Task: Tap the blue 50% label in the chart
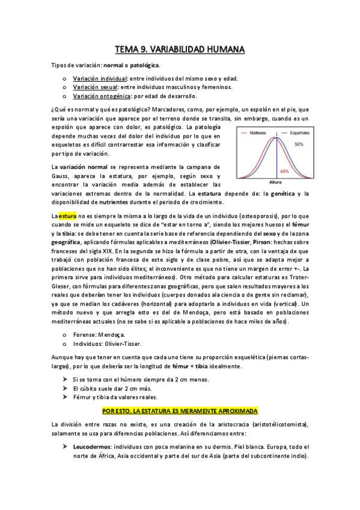click(x=299, y=145)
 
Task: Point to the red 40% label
click(x=284, y=171)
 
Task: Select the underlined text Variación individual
click(x=100, y=79)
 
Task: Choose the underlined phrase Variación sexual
click(x=95, y=87)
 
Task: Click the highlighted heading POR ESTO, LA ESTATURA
click(x=180, y=410)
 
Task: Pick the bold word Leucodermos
click(x=93, y=447)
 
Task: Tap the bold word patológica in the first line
click(x=141, y=64)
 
